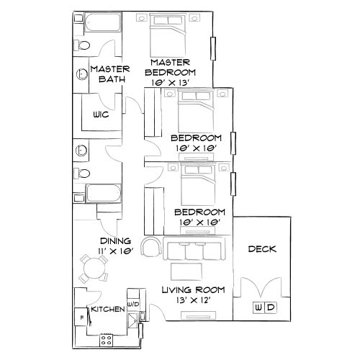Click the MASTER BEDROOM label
[x=171, y=67]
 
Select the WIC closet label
[x=100, y=115]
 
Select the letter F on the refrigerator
[x=82, y=316]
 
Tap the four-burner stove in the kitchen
[x=107, y=338]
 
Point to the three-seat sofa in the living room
[x=193, y=252]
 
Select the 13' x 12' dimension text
[x=192, y=301]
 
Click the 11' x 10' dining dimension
[x=115, y=252]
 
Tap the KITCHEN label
[x=107, y=309]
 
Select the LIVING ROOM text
[x=193, y=290]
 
